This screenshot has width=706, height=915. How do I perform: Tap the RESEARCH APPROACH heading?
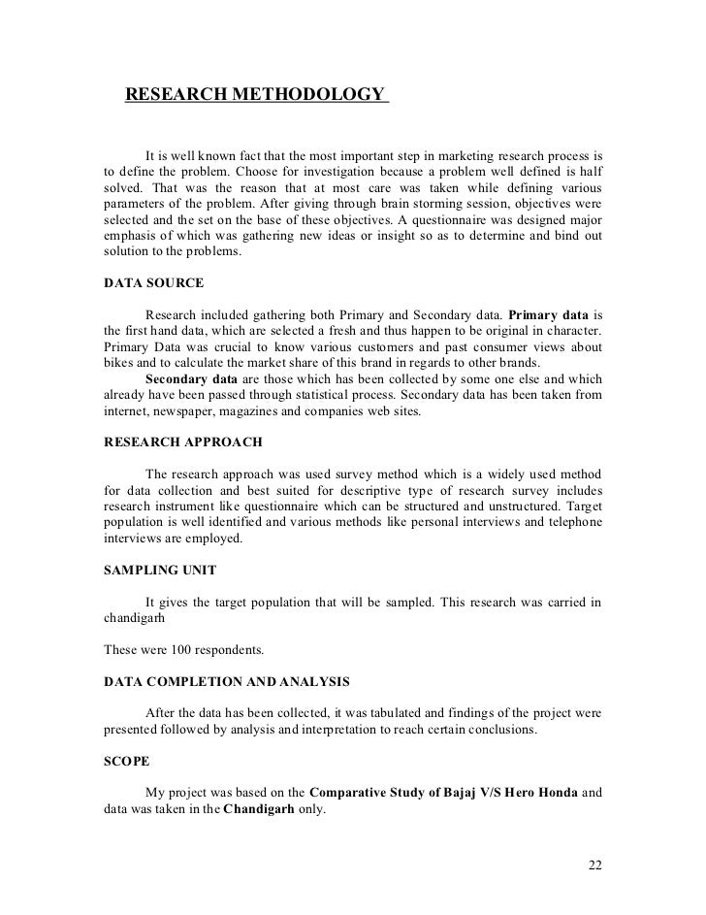point(182,441)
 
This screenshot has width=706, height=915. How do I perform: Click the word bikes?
point(119,362)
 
